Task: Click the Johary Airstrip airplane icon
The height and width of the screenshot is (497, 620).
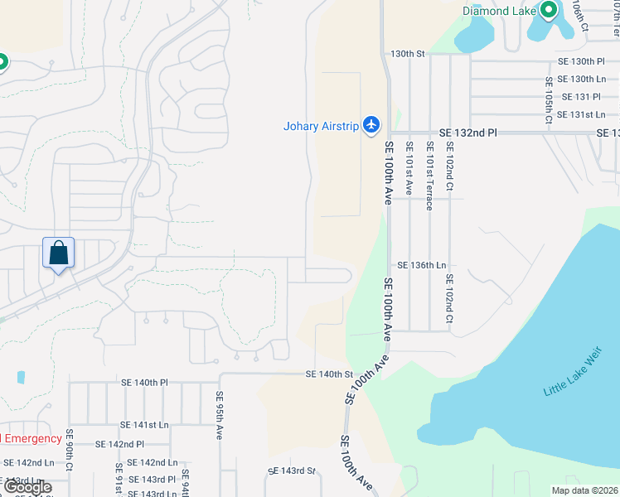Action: point(371,125)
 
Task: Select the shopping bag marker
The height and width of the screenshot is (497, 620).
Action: point(59,253)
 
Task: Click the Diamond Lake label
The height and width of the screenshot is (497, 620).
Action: point(499,11)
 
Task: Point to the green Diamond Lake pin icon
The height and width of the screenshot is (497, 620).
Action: point(548,11)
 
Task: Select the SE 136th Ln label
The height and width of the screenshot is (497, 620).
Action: point(423,265)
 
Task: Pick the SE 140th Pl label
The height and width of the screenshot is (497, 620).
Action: point(144,383)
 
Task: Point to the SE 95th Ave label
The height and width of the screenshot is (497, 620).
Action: point(220,415)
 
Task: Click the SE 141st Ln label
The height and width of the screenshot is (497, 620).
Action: point(144,425)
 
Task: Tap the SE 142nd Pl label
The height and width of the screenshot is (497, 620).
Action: point(119,445)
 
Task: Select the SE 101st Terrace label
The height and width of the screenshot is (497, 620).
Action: point(429,175)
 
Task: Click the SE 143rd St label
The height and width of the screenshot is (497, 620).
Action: point(293,470)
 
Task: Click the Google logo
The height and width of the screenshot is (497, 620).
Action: point(27,487)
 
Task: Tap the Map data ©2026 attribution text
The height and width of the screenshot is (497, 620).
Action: point(584,490)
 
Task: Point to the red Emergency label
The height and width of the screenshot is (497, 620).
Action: point(31,438)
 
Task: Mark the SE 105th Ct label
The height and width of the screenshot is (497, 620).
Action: point(549,101)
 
